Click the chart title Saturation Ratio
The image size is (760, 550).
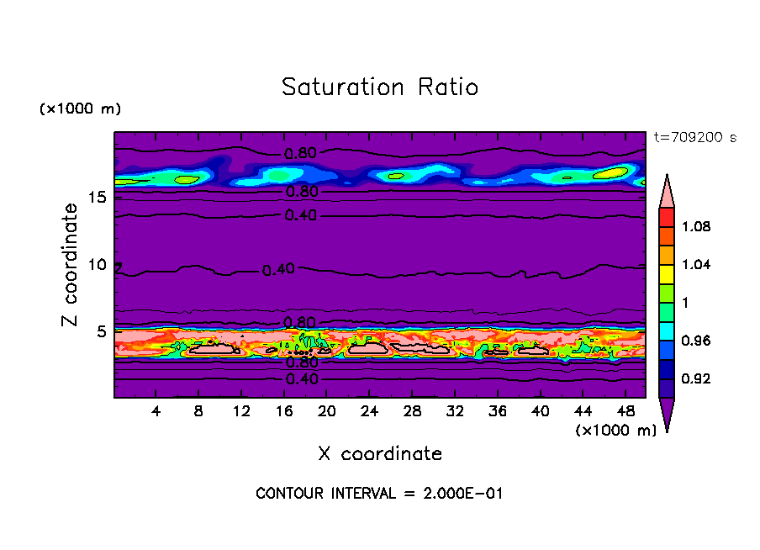point(380,87)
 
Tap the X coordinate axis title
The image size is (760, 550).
point(380,454)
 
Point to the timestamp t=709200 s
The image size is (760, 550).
point(695,138)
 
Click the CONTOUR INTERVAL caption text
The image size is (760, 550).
point(379,494)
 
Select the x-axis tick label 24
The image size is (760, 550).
point(369,411)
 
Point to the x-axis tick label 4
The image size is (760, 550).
point(156,411)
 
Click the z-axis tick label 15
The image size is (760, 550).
point(98,198)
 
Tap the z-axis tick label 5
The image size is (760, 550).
point(102,331)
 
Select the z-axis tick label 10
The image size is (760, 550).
point(98,265)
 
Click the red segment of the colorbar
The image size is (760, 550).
point(667,217)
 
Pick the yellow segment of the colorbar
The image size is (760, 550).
point(667,274)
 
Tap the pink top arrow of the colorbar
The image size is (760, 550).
point(667,191)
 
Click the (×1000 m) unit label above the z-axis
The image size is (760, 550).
point(80,109)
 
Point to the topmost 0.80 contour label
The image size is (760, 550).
point(300,154)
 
